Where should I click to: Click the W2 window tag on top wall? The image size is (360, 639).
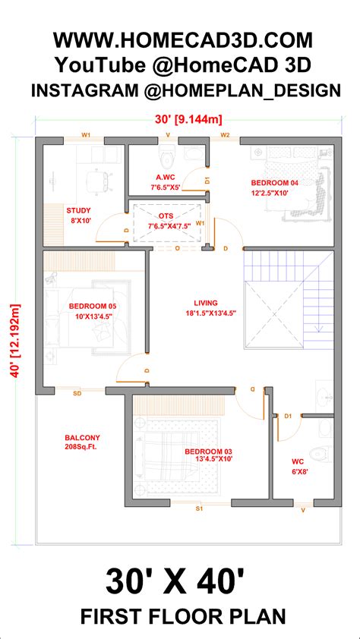(226, 135)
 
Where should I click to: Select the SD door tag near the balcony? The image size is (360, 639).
(77, 393)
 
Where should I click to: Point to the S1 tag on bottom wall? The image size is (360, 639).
(199, 508)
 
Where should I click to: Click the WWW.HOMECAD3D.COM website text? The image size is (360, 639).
(182, 39)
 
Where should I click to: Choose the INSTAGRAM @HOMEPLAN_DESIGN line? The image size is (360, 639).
(185, 90)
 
